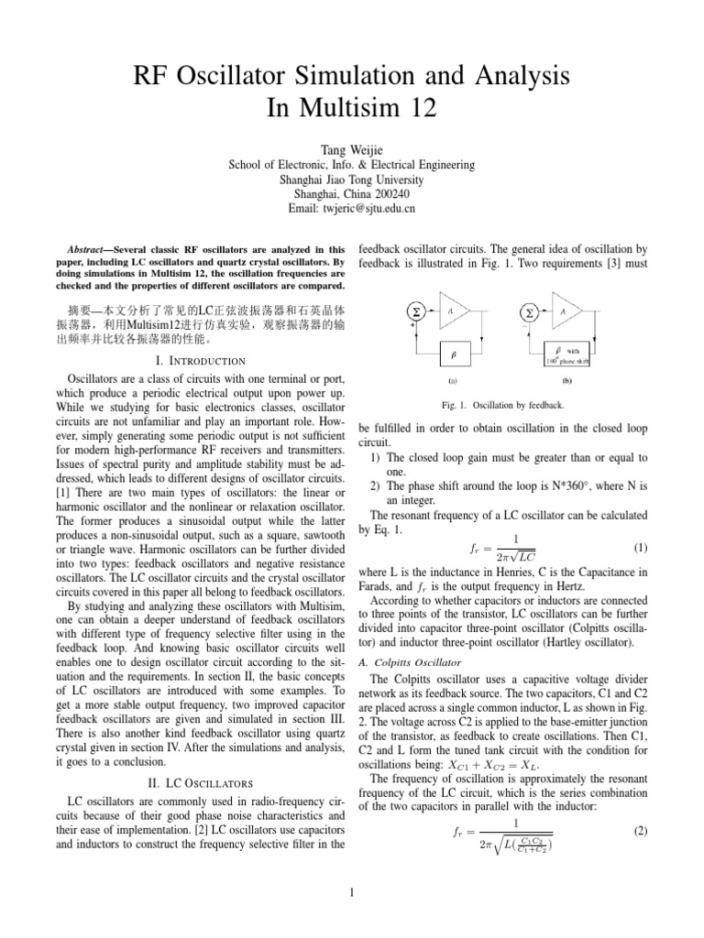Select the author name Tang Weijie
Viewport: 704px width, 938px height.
click(351, 150)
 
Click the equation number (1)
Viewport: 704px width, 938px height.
click(641, 548)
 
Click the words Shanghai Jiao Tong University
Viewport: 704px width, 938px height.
click(351, 180)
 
